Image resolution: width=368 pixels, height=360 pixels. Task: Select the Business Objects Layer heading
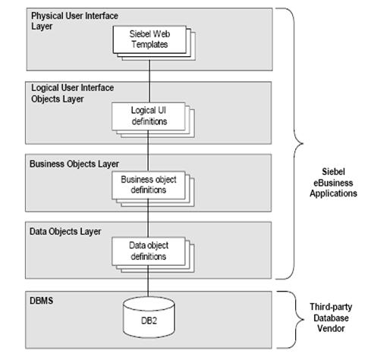74,163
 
